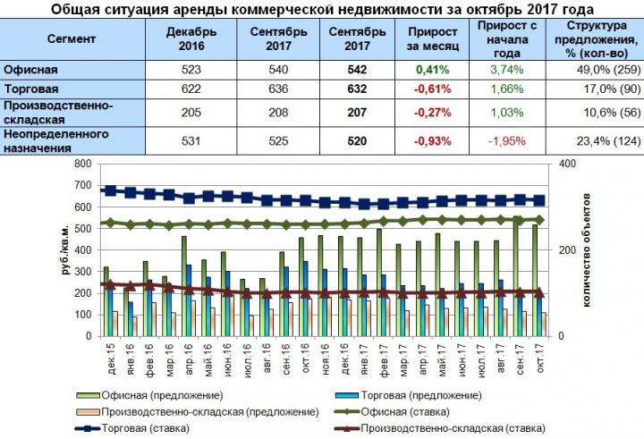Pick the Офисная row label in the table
tap(30, 69)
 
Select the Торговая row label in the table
tap(30, 89)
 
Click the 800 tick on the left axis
tap(84, 165)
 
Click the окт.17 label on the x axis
tap(538, 360)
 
